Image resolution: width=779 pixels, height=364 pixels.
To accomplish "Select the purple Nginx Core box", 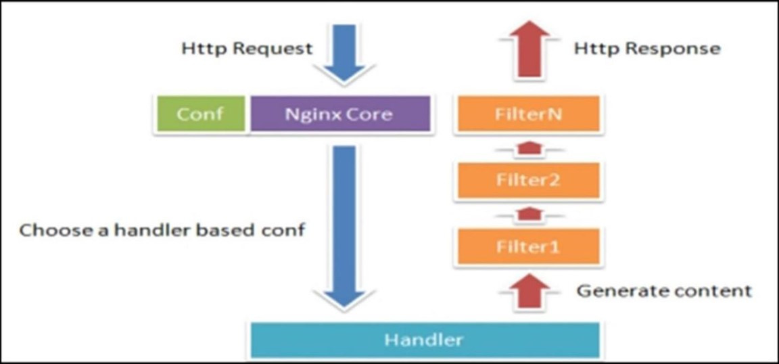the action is pyautogui.click(x=340, y=114).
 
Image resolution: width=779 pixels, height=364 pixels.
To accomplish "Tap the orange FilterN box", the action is pyautogui.click(x=529, y=114).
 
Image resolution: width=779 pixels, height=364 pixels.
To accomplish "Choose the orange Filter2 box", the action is pyautogui.click(x=529, y=180).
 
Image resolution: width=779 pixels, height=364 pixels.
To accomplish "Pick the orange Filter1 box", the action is pyautogui.click(x=529, y=246).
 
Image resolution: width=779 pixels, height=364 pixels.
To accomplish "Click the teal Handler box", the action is pyautogui.click(x=425, y=340).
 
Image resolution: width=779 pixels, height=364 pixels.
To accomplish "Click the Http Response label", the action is pyautogui.click(x=647, y=49).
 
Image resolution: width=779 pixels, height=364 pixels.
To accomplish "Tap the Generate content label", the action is pyautogui.click(x=664, y=291).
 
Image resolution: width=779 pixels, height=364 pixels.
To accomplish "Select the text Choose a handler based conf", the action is pyautogui.click(x=162, y=231).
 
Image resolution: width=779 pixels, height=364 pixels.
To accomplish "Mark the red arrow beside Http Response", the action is pyautogui.click(x=529, y=49).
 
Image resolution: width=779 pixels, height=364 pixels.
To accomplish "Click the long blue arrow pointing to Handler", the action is pyautogui.click(x=344, y=227).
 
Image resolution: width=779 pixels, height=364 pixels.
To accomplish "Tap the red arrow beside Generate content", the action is pyautogui.click(x=529, y=291).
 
